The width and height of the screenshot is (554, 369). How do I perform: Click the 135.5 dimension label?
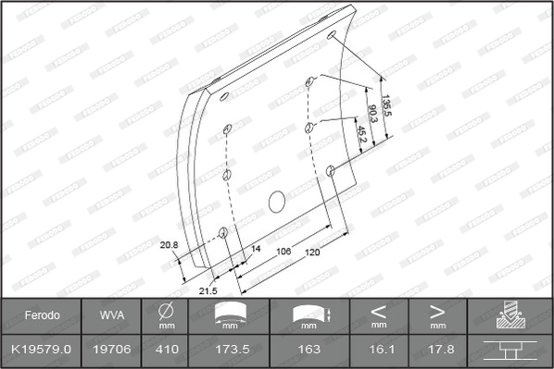pyautogui.click(x=387, y=105)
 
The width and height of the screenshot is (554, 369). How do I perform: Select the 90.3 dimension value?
pyautogui.click(x=372, y=113)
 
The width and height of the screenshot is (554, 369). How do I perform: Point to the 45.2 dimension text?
pyautogui.click(x=362, y=134)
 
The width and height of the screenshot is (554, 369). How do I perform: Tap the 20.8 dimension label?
pyautogui.click(x=169, y=245)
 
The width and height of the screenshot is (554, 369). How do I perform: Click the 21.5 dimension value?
pyautogui.click(x=208, y=291)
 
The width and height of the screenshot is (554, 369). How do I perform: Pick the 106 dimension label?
pyautogui.click(x=283, y=252)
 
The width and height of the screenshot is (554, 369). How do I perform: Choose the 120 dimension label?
pyautogui.click(x=312, y=252)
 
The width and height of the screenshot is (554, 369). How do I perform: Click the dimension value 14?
pyautogui.click(x=256, y=249)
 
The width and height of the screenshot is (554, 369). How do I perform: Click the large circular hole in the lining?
pyautogui.click(x=277, y=202)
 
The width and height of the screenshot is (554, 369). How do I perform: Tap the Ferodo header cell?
pyautogui.click(x=42, y=315)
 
